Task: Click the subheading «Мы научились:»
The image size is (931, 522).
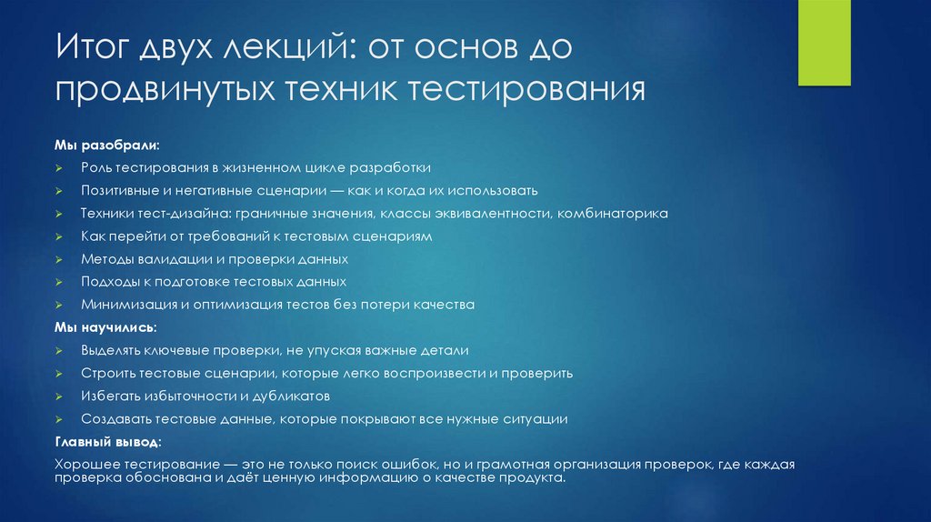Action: (x=105, y=327)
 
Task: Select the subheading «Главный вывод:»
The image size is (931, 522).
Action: (x=109, y=441)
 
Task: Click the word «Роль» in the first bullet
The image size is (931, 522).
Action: (x=95, y=168)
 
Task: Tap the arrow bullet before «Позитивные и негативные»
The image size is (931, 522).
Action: (x=57, y=192)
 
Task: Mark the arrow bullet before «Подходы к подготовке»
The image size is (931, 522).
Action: (x=57, y=283)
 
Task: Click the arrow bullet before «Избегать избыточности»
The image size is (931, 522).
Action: (x=57, y=397)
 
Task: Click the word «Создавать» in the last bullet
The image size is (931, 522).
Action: (x=112, y=418)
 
